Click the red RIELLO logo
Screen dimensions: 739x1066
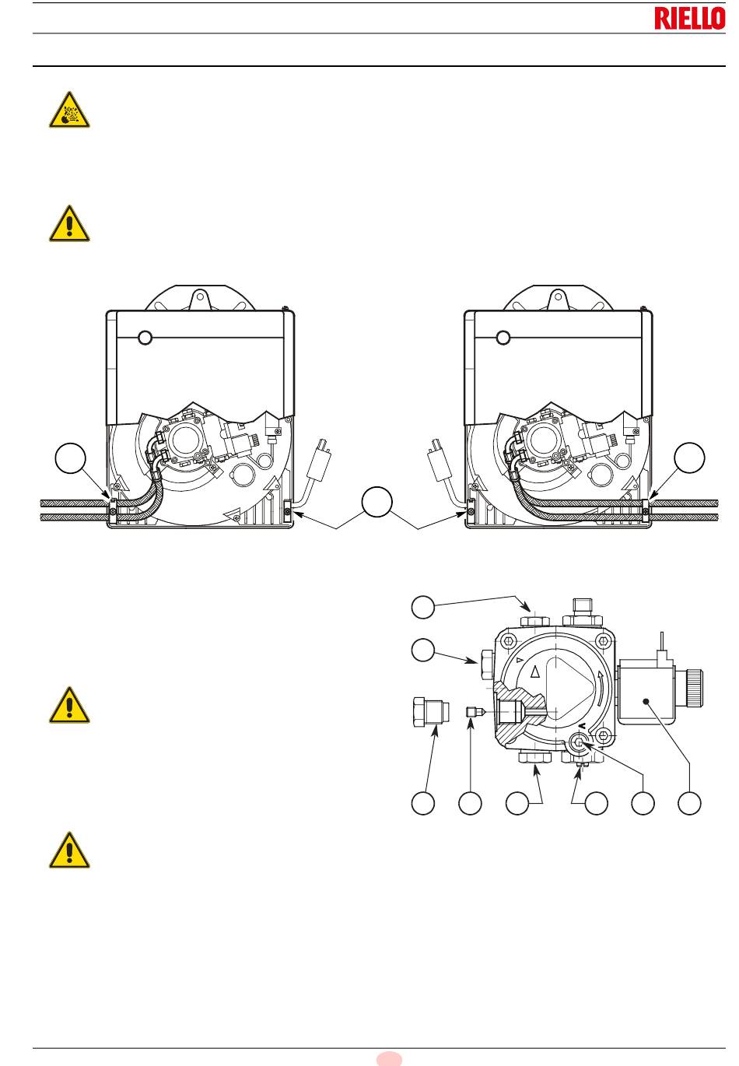[x=689, y=19]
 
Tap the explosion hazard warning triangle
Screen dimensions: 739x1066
[x=69, y=110]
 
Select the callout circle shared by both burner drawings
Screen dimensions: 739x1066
[x=377, y=502]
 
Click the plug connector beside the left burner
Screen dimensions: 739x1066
[x=319, y=458]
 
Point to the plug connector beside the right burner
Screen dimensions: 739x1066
[x=440, y=458]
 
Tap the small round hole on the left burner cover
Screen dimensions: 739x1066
[x=145, y=338]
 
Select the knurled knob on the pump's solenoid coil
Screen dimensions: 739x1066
[x=695, y=688]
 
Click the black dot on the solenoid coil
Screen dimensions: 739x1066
[x=646, y=701]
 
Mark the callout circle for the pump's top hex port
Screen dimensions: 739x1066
[x=422, y=607]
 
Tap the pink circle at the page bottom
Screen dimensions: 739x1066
[x=389, y=1060]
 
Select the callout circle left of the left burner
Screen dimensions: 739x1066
[x=71, y=458]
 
